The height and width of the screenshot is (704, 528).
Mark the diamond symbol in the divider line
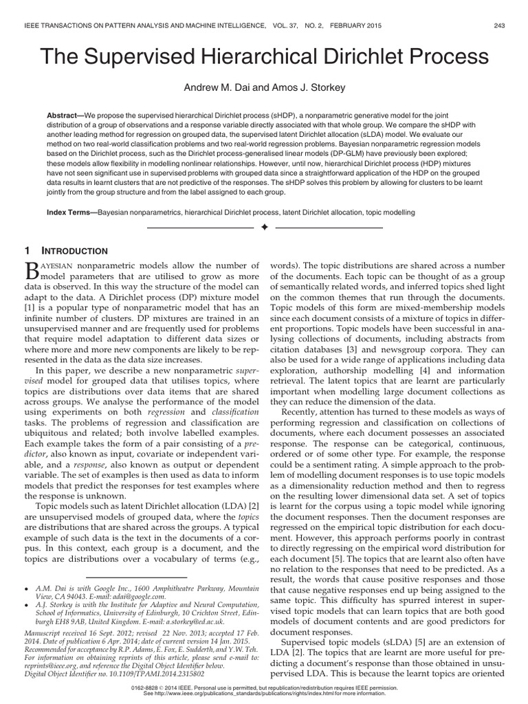coord(264,227)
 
